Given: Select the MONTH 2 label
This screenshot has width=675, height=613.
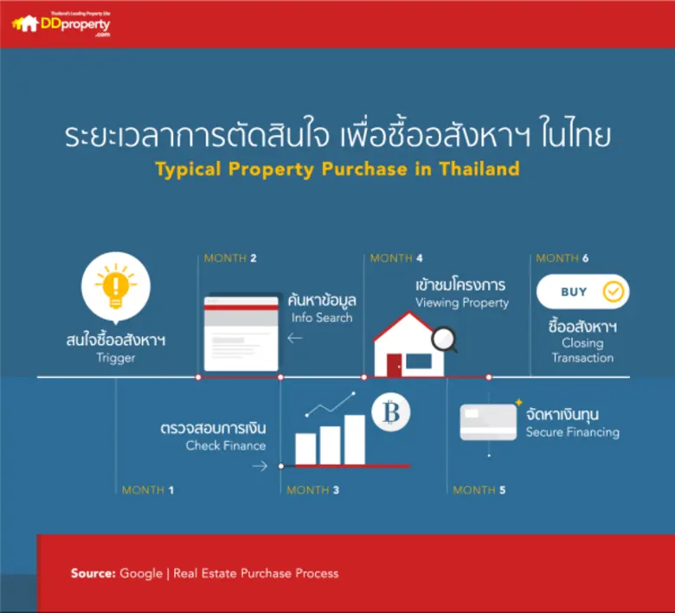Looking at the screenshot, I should click(230, 258).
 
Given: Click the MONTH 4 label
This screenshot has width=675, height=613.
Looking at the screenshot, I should click(396, 258).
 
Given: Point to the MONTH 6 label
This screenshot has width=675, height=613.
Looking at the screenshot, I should click(562, 258).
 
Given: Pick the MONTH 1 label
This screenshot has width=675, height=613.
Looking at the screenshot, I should click(148, 490).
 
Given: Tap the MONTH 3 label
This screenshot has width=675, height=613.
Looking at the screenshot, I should click(313, 490).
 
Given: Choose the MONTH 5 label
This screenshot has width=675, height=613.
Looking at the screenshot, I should click(479, 490).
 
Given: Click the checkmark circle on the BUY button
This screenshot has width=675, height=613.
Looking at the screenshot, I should click(614, 292).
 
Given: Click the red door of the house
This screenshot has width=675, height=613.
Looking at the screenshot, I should click(395, 365).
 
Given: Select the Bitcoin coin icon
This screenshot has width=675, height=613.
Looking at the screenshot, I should click(390, 414).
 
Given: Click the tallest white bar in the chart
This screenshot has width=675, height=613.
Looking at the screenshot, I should click(355, 439).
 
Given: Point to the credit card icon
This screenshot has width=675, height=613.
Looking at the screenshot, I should click(488, 422).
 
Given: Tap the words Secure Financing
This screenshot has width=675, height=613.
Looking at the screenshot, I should click(572, 431).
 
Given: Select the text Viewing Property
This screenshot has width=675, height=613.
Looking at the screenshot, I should click(462, 303).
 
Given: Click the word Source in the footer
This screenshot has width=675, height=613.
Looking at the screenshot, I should click(93, 573).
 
